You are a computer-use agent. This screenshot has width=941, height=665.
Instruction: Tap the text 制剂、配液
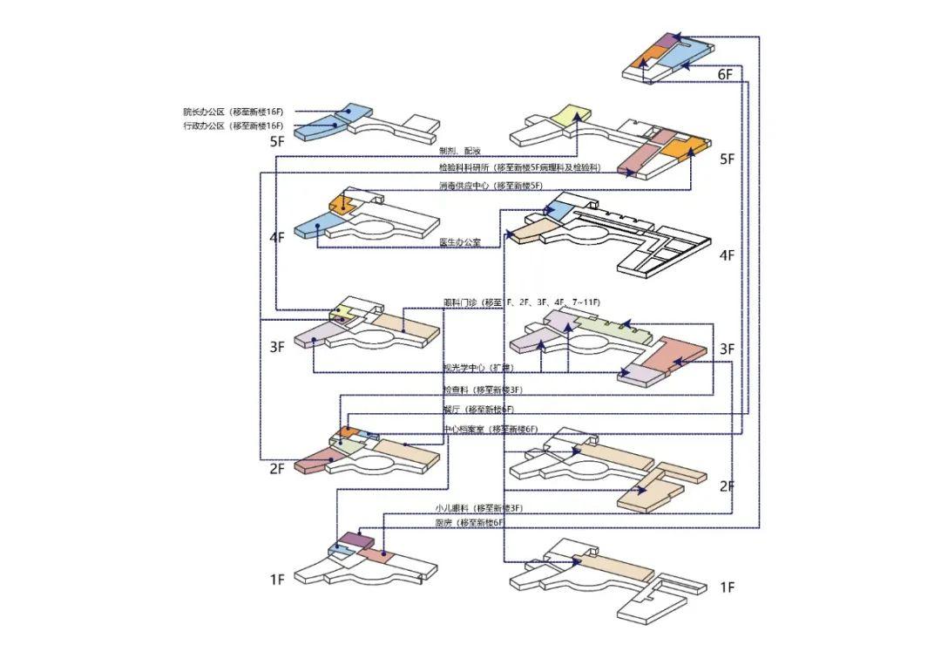point(459,152)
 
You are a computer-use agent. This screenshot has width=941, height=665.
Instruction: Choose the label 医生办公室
point(461,243)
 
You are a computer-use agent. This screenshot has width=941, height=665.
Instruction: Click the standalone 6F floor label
point(725,75)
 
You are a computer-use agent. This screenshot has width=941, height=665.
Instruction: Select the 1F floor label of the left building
point(277,580)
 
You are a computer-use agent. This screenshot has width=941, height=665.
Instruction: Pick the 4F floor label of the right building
point(727,255)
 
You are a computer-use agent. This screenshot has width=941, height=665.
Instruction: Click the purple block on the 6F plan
point(667,40)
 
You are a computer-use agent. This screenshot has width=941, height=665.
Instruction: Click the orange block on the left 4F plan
point(339,204)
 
